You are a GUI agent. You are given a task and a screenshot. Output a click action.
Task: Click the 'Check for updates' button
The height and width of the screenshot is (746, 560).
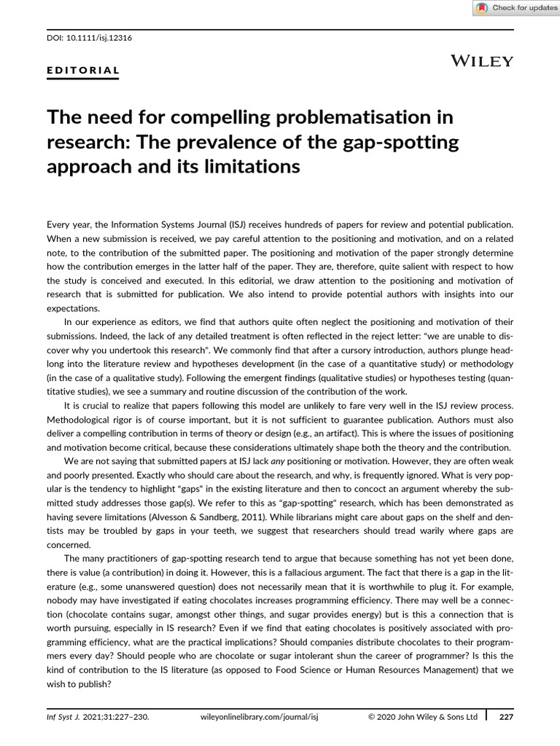tap(516, 8)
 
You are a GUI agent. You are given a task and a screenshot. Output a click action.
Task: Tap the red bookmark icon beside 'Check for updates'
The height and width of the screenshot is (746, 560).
tap(482, 8)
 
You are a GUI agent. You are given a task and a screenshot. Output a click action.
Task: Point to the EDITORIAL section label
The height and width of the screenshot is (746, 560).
tap(82, 71)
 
